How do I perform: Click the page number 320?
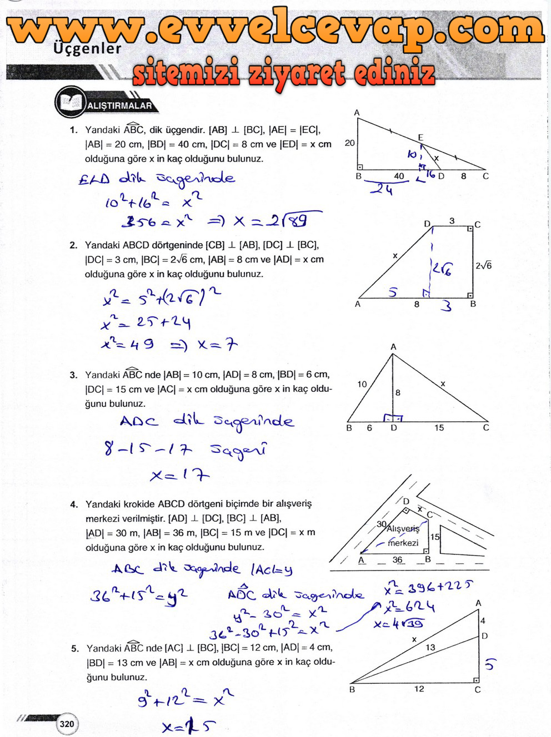click(x=67, y=724)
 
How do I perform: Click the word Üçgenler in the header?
click(x=87, y=49)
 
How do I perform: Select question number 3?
click(x=73, y=375)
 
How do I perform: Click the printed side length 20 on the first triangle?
click(x=349, y=143)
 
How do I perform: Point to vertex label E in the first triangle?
click(x=420, y=138)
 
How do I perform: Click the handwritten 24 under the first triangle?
click(x=382, y=190)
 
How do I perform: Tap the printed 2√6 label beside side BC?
click(x=483, y=266)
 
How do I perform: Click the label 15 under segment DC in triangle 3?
click(x=439, y=428)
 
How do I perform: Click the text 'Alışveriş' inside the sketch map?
click(x=403, y=529)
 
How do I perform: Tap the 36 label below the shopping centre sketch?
click(x=398, y=559)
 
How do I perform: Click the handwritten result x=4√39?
click(x=399, y=624)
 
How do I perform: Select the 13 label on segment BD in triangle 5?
click(x=430, y=647)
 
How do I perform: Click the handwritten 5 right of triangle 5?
click(x=489, y=664)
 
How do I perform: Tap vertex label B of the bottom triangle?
click(x=352, y=690)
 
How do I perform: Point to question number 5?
click(x=75, y=648)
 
